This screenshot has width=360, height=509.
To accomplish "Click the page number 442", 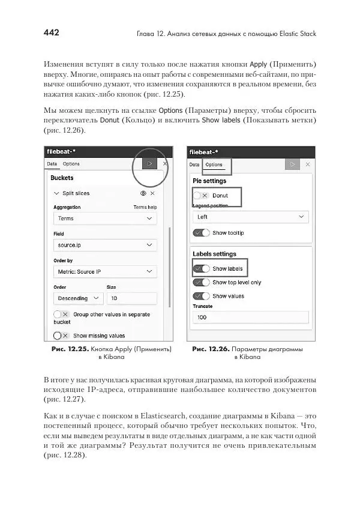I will [51, 33].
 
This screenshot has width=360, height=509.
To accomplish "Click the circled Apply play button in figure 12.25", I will [149, 163].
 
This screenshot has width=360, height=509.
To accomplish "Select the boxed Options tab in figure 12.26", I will [214, 164].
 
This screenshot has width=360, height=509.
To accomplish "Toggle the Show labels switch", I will [201, 269].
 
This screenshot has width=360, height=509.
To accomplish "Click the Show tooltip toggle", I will [201, 233].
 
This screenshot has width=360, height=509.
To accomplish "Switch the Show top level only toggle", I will [201, 282].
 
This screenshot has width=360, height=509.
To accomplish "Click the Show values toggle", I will [201, 296].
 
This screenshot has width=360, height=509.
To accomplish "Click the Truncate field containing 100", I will [250, 318].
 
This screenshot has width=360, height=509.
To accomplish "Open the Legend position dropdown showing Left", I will [250, 217].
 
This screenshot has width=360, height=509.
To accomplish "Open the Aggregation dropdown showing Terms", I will [105, 219].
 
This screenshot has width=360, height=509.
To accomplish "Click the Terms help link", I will [145, 207].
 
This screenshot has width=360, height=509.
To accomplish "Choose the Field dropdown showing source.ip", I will [105, 245].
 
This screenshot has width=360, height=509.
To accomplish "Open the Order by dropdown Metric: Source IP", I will [105, 271].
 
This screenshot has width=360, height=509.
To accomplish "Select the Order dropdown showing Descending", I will [78, 298].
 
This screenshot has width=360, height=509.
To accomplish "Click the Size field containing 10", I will [131, 298].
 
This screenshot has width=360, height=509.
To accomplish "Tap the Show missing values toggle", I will [61, 336].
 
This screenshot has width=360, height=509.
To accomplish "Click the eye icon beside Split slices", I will [143, 193].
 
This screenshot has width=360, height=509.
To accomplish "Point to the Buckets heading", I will [62, 178].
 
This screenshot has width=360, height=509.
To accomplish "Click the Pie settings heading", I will [209, 181].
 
